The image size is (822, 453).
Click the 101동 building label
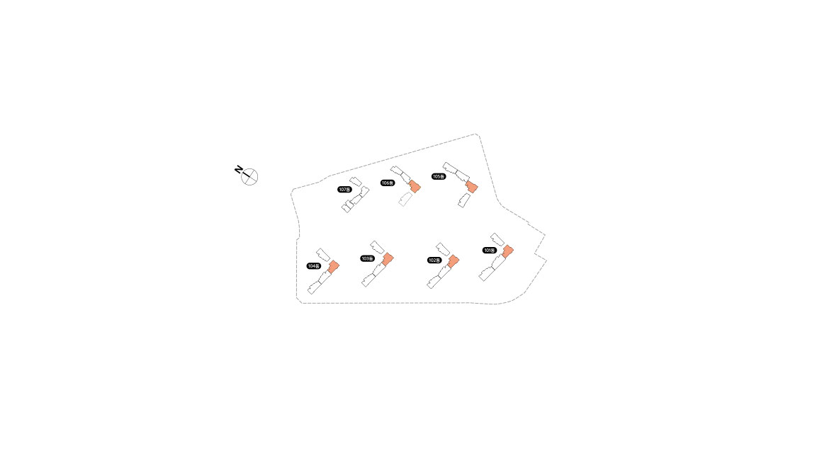(489, 251)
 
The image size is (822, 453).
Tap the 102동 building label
(434, 260)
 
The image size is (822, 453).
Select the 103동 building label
(368, 259)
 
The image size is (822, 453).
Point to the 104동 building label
(313, 266)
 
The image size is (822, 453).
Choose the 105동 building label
(438, 176)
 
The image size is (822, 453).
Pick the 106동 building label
(388, 183)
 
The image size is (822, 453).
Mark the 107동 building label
(344, 190)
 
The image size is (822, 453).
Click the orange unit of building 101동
(507, 251)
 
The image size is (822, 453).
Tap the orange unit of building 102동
(453, 261)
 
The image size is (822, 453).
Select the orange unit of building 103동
(388, 259)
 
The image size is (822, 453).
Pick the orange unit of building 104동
(334, 267)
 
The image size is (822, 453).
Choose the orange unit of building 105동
(472, 187)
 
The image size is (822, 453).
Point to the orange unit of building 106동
(415, 186)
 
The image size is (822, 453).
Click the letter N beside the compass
(238, 169)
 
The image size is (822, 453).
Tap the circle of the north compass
(249, 177)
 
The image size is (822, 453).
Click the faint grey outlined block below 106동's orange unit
(405, 199)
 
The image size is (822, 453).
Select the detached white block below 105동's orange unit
(464, 200)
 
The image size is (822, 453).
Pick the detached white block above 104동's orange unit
(323, 255)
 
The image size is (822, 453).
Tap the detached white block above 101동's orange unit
(497, 240)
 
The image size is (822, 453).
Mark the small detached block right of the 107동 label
(356, 182)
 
